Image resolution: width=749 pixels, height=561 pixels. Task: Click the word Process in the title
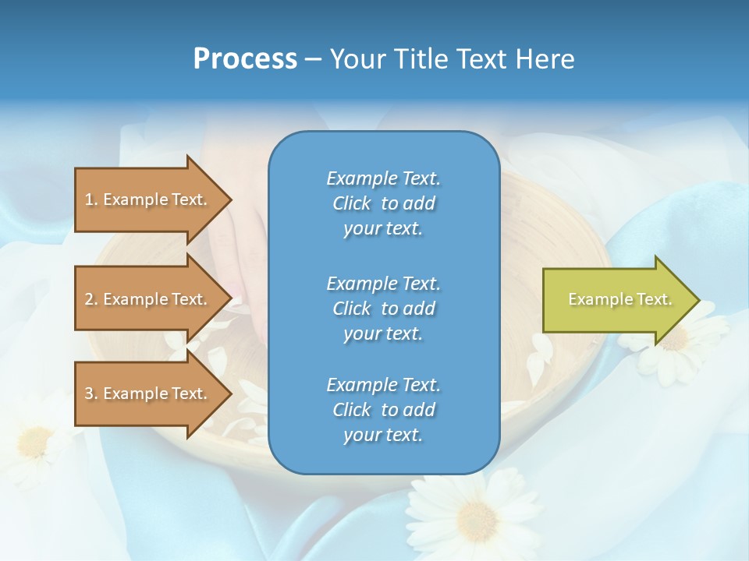245,59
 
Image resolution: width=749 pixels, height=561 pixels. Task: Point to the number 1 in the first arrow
89,199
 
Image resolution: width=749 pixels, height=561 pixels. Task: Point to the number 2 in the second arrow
89,299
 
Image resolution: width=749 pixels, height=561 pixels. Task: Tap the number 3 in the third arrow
89,393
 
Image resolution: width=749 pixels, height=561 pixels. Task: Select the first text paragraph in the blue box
383,203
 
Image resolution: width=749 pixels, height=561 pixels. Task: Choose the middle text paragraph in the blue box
383,309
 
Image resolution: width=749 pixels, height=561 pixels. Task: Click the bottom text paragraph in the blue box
383,410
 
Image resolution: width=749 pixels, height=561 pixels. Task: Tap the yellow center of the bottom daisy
477,517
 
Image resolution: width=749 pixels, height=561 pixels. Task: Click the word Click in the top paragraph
351,203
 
